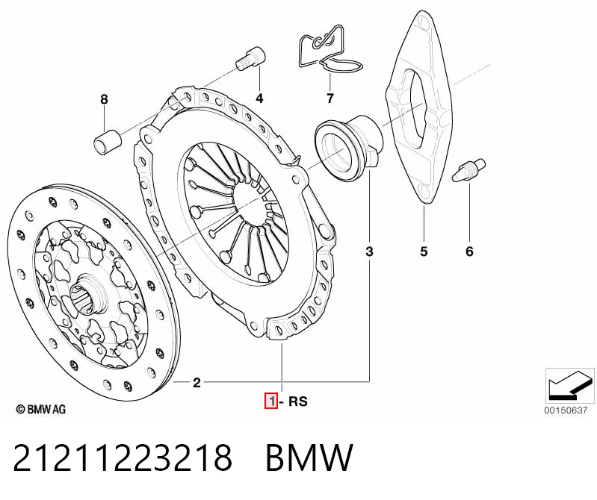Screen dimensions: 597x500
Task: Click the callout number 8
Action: [x=104, y=99]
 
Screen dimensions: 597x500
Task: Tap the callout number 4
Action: [x=259, y=99]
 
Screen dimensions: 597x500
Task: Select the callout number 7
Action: [x=330, y=99]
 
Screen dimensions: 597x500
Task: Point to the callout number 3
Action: [x=369, y=251]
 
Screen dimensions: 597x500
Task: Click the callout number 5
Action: [x=424, y=251]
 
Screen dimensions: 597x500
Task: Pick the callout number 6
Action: [x=469, y=251]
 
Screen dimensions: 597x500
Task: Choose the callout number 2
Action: [x=197, y=383]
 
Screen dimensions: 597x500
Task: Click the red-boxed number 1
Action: [x=271, y=401]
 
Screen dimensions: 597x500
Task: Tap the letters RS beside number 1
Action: [x=297, y=401]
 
